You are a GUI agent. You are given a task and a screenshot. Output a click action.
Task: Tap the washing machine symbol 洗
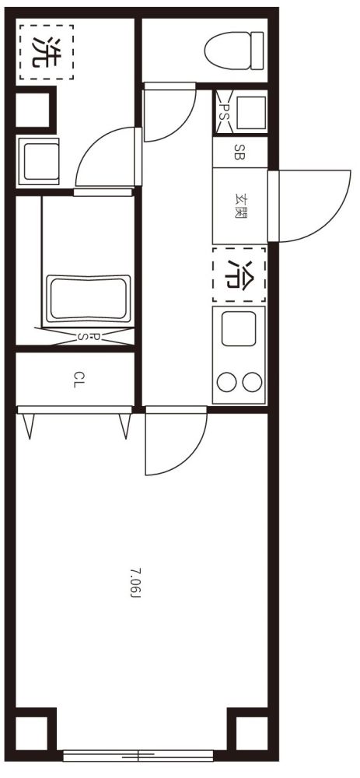[x=47, y=52]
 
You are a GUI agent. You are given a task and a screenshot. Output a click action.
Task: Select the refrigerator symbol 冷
[x=239, y=275]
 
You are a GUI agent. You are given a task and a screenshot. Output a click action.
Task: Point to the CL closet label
[x=76, y=380]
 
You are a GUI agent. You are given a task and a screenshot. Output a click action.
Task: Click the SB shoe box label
[x=239, y=152]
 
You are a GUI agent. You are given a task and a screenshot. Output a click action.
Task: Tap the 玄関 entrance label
[x=240, y=205]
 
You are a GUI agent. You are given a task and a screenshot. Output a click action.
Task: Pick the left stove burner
[x=226, y=381]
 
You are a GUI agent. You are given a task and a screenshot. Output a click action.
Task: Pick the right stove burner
[x=252, y=381]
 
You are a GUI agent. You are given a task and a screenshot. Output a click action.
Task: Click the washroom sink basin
[x=38, y=162]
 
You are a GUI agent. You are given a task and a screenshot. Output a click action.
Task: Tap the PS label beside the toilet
[x=222, y=112]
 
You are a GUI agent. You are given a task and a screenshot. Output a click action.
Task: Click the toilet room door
[x=170, y=112]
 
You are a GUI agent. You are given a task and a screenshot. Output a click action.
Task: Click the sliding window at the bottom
[x=138, y=755]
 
